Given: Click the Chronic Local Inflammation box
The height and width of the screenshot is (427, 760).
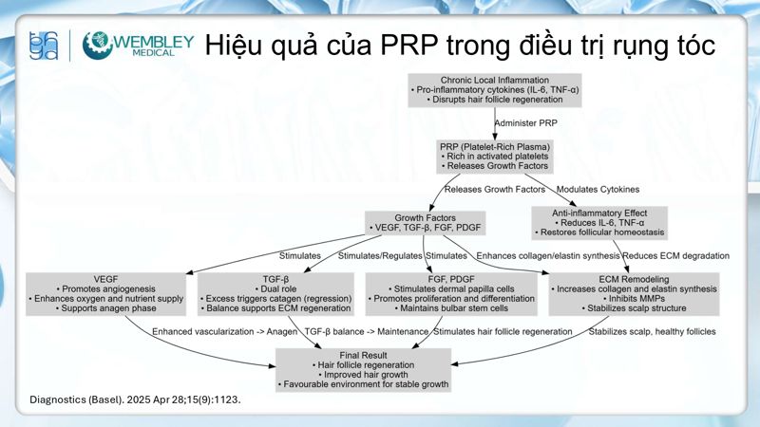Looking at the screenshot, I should tap(495, 88).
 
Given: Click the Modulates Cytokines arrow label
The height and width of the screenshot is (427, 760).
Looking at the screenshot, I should tap(596, 189).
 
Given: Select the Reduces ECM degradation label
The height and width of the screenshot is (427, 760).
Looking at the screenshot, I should tap(676, 256).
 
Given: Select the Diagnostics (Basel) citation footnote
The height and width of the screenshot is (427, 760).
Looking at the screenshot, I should tap(136, 399).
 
